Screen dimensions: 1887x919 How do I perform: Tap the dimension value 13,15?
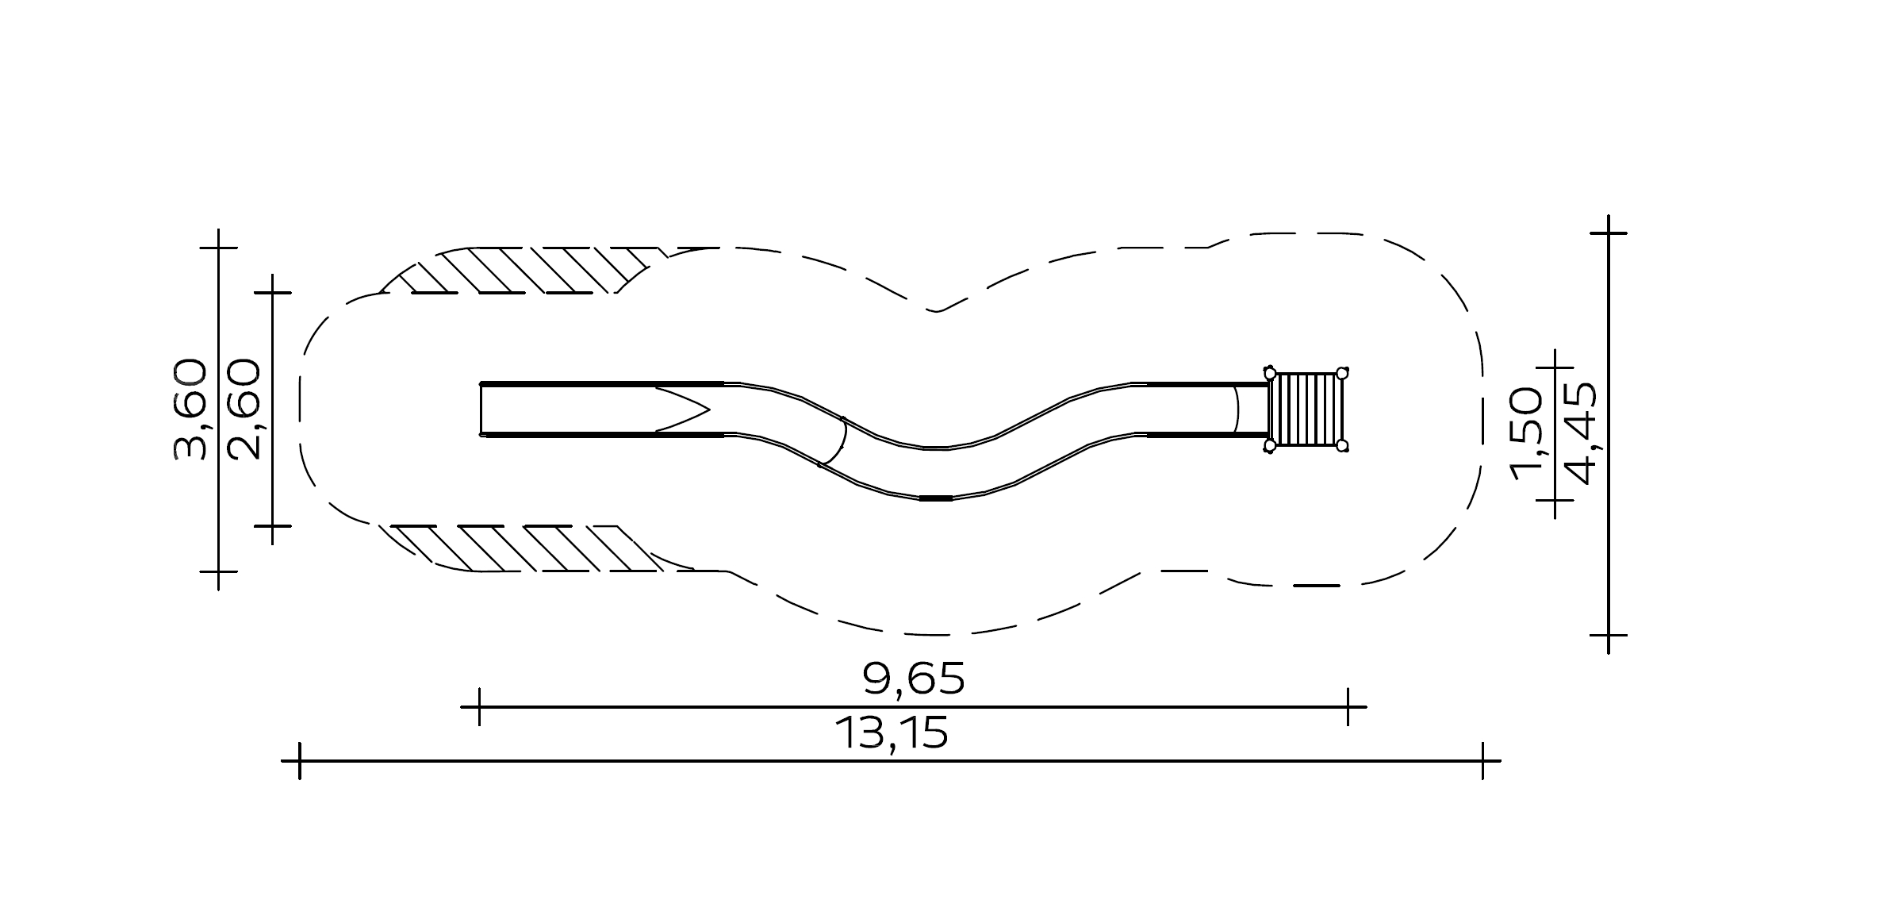pyautogui.click(x=892, y=733)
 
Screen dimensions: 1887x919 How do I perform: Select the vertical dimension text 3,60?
pyautogui.click(x=191, y=410)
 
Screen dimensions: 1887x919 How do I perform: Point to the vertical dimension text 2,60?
pyautogui.click(x=244, y=410)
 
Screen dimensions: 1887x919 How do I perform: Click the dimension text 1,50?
pyautogui.click(x=1526, y=434)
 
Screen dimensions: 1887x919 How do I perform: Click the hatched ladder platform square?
pyautogui.click(x=1306, y=410)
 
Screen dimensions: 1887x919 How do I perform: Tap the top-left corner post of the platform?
pyautogui.click(x=1270, y=373)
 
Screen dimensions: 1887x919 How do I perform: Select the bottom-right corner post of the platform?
pyautogui.click(x=1342, y=446)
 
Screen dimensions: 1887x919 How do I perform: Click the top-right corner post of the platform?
pyautogui.click(x=1342, y=373)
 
